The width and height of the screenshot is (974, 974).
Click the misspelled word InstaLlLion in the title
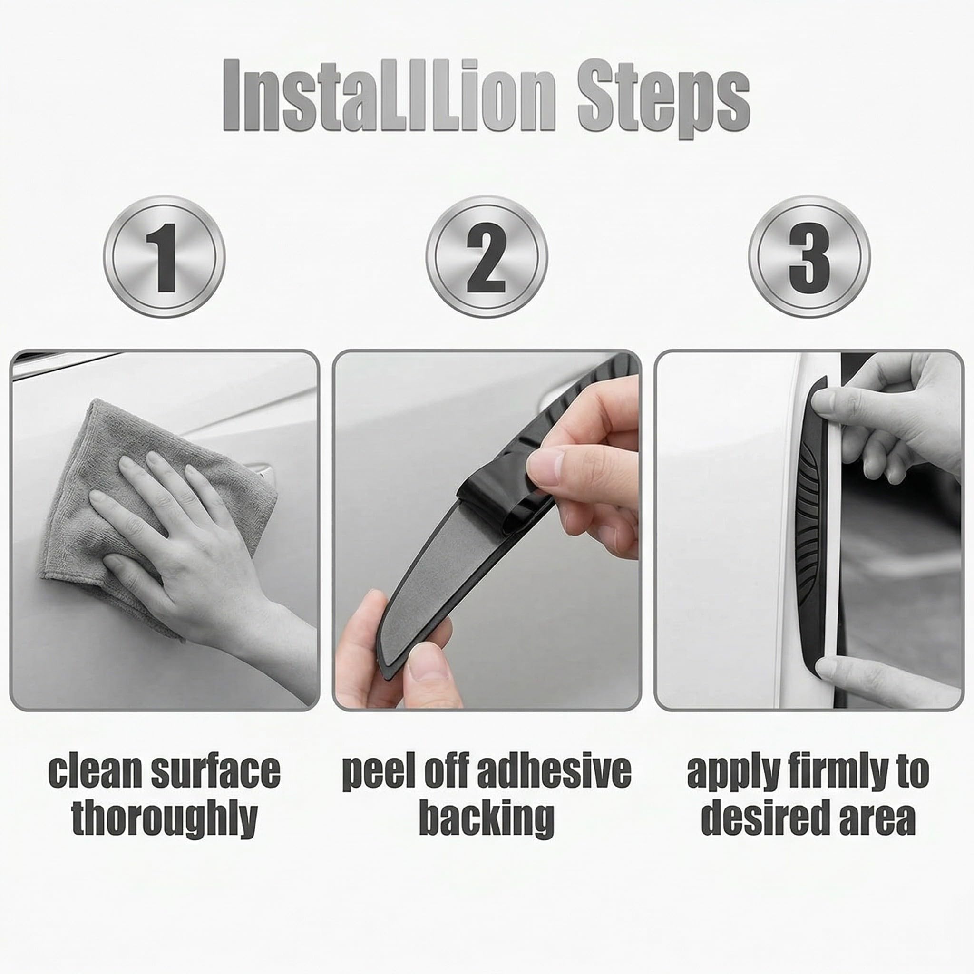pyautogui.click(x=389, y=95)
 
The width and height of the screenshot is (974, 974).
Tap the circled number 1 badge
pyautogui.click(x=165, y=257)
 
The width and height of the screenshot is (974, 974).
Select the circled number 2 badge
pyautogui.click(x=487, y=257)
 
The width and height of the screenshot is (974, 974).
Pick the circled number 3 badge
pyautogui.click(x=809, y=257)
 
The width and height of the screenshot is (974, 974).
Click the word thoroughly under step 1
pyautogui.click(x=165, y=820)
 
